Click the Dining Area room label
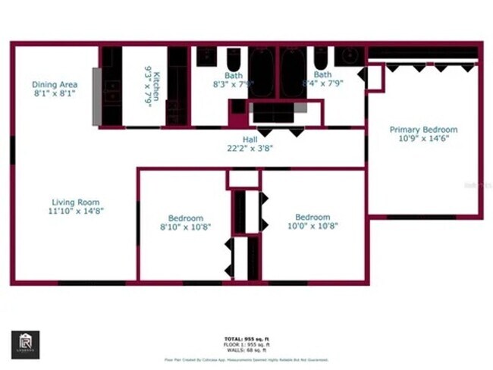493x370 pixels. tap(55, 84)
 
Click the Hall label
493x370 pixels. tap(250, 140)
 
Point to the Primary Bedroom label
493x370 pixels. tap(423, 130)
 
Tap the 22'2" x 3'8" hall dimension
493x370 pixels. tap(250, 149)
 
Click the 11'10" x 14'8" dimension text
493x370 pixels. tap(75, 212)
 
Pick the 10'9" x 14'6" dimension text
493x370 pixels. tap(423, 140)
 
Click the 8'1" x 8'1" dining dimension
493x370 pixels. tap(55, 94)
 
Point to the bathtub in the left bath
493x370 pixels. tap(262, 72)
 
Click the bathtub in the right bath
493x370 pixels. tap(293, 72)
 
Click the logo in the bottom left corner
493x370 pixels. tap(26, 343)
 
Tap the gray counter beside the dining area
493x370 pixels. tap(97, 96)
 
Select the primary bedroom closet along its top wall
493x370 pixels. tap(422, 53)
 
